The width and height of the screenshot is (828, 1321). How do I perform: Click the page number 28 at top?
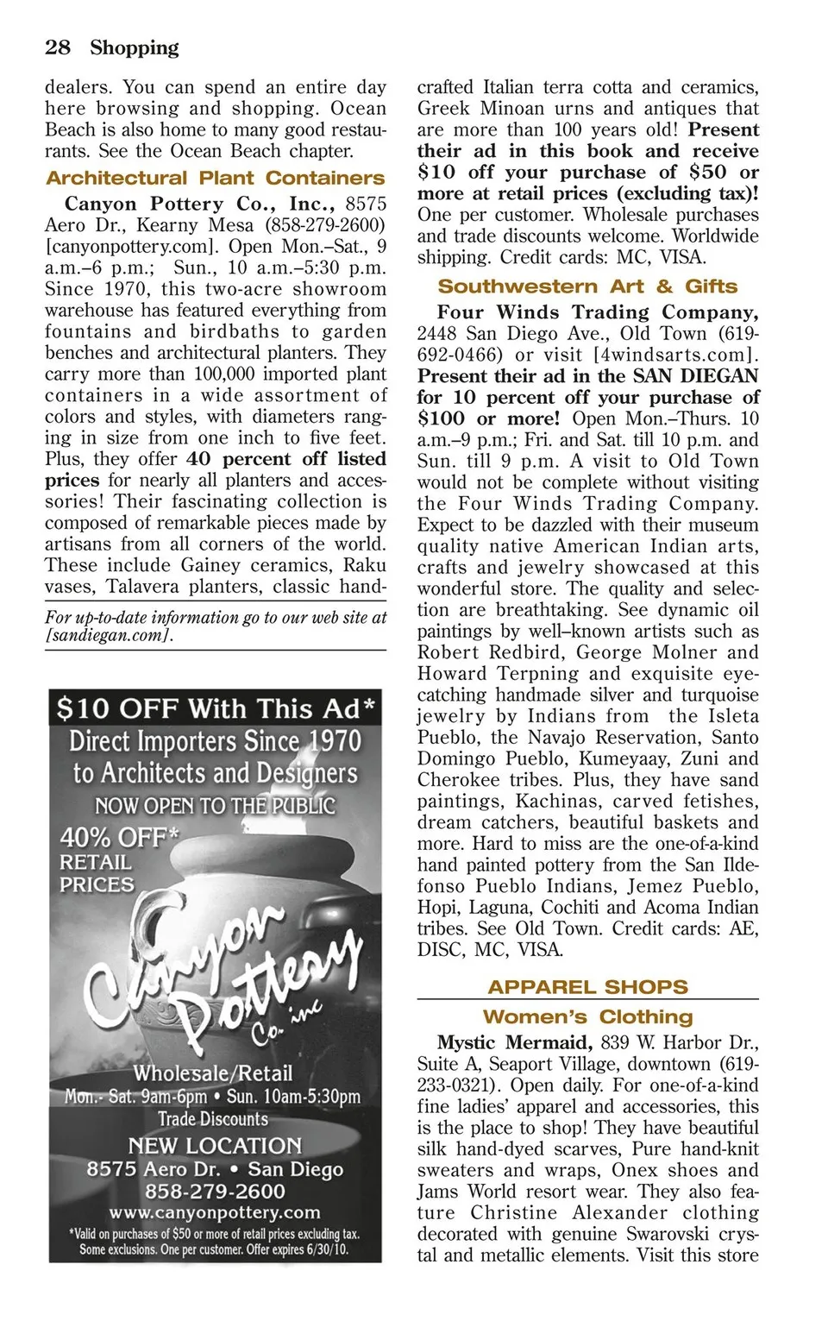pyautogui.click(x=58, y=47)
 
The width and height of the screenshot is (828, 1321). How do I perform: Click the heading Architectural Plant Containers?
pyautogui.click(x=215, y=179)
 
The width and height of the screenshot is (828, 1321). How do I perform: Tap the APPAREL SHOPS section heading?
pyautogui.click(x=587, y=987)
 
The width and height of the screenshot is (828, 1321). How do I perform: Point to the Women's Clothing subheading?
pyautogui.click(x=587, y=1016)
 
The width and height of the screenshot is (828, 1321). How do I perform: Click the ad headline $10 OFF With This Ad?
pyautogui.click(x=216, y=709)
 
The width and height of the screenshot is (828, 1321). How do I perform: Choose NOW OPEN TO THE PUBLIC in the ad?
pyautogui.click(x=215, y=806)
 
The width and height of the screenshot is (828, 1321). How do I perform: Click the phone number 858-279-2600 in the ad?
pyautogui.click(x=215, y=1192)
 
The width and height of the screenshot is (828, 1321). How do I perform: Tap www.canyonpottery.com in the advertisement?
pyautogui.click(x=215, y=1212)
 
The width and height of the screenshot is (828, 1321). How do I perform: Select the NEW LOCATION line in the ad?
pyautogui.click(x=215, y=1146)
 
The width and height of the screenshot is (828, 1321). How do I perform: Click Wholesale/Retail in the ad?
pyautogui.click(x=213, y=1073)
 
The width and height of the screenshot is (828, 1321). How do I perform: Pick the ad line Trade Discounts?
pyautogui.click(x=213, y=1119)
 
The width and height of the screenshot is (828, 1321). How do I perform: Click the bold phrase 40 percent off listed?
pyautogui.click(x=285, y=459)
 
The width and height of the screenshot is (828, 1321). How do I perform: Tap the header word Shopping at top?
pyautogui.click(x=135, y=47)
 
